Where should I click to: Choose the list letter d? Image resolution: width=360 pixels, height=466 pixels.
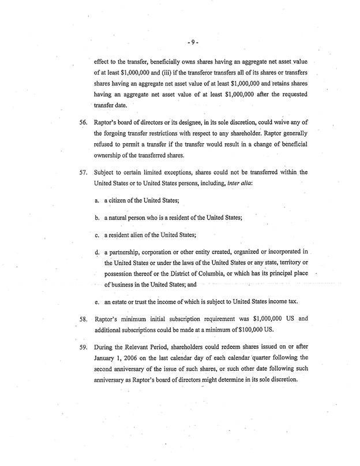[97, 253]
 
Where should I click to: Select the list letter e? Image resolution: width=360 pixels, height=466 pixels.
[97, 302]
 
